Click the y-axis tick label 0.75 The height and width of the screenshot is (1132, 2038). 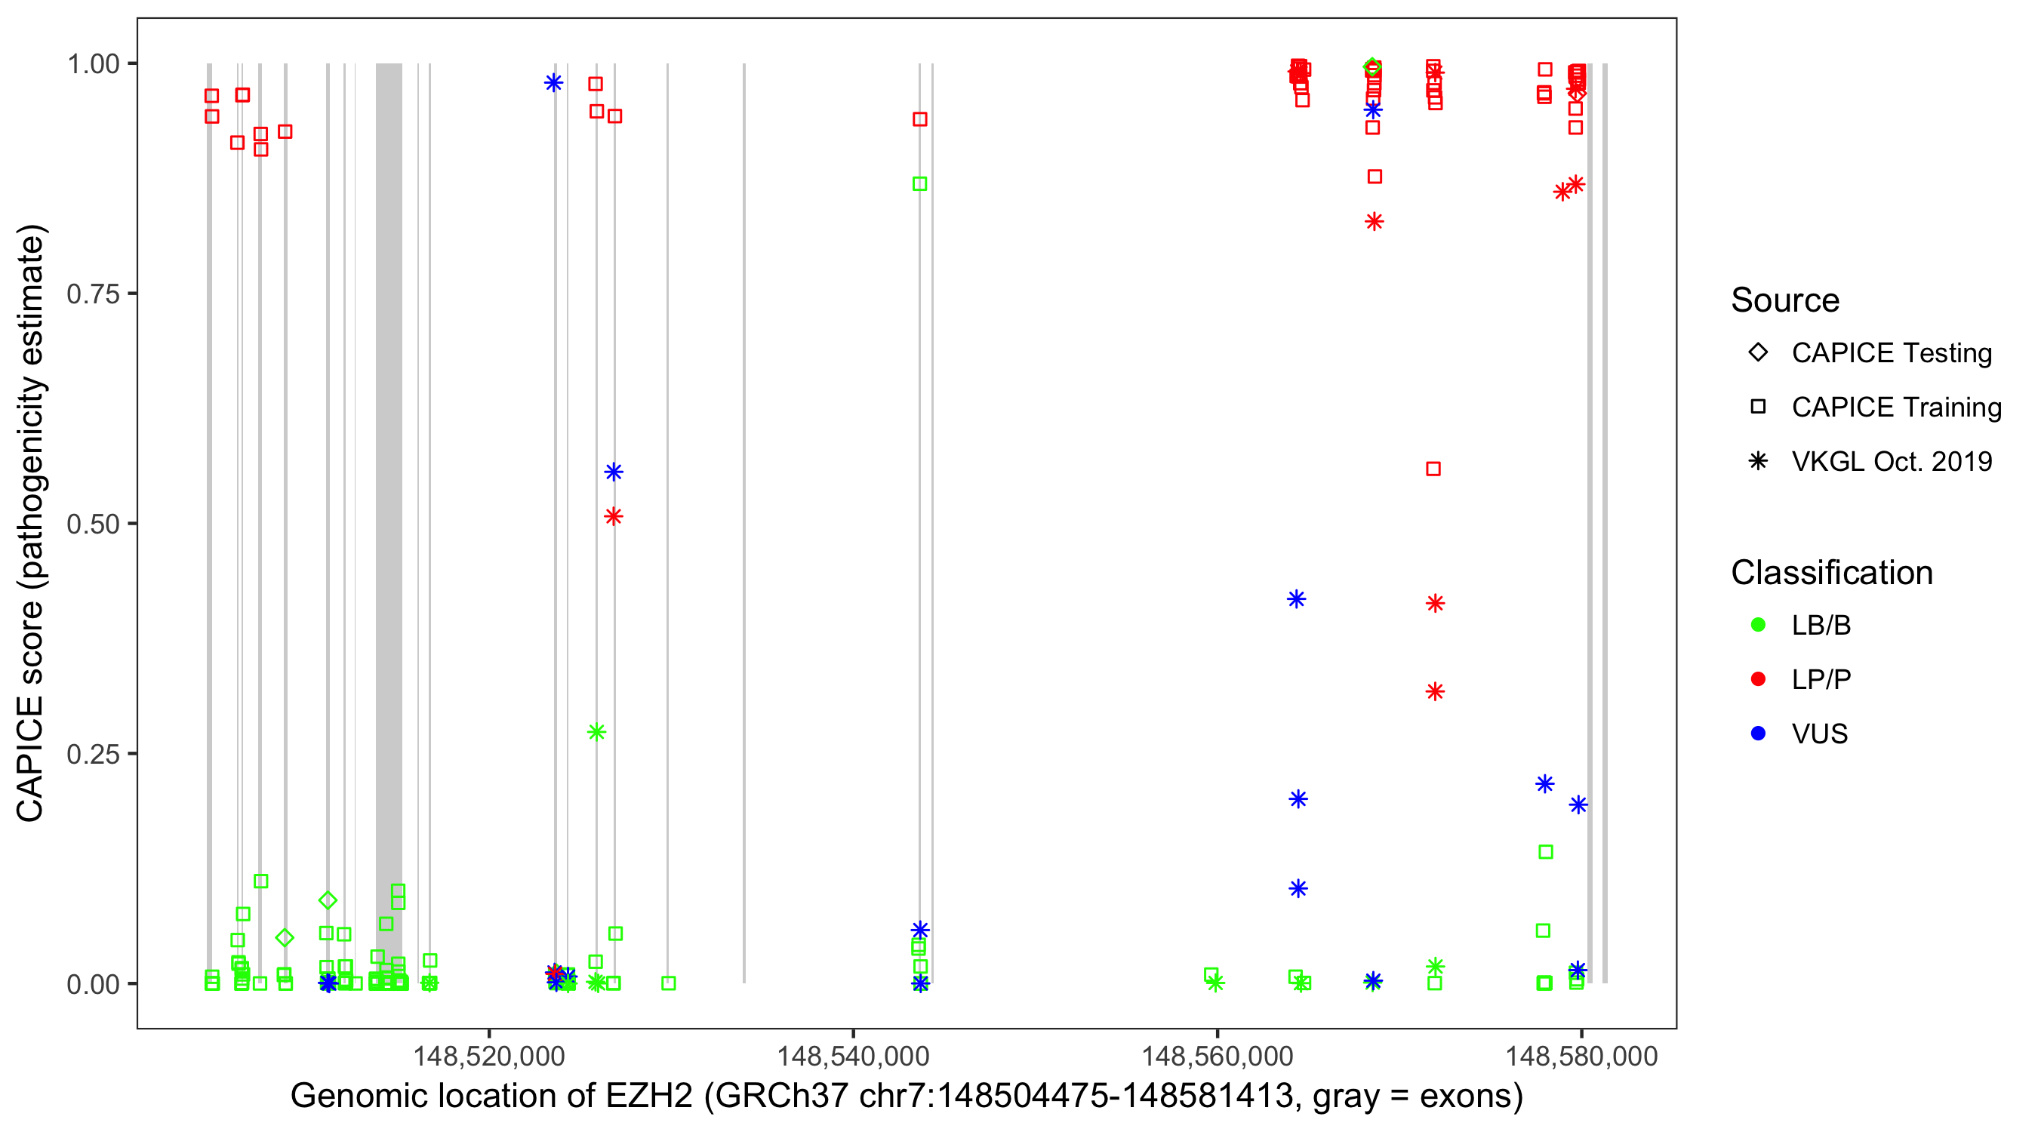point(92,294)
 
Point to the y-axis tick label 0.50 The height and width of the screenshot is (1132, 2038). point(92,524)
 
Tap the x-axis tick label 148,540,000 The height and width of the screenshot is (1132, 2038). point(853,1055)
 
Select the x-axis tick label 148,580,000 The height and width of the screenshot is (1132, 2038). point(1581,1055)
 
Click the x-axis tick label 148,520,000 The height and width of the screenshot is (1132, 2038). point(489,1055)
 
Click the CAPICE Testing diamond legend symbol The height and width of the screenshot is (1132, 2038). point(1758,353)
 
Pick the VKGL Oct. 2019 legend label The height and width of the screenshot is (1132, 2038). point(1892,461)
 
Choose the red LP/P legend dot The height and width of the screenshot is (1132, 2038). point(1758,679)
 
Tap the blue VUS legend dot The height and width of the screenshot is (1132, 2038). point(1758,734)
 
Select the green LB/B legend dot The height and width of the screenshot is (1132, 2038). point(1758,625)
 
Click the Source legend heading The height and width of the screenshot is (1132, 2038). point(1785,300)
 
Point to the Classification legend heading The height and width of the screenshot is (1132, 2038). point(1831,573)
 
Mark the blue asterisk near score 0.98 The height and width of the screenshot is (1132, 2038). point(554,82)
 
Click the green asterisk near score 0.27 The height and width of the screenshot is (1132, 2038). point(596,732)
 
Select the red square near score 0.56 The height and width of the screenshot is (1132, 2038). point(1433,469)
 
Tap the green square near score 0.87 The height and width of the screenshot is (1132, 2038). point(919,183)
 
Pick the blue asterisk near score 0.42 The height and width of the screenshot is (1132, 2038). point(1296,599)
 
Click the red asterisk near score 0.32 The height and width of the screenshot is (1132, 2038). point(1435,691)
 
